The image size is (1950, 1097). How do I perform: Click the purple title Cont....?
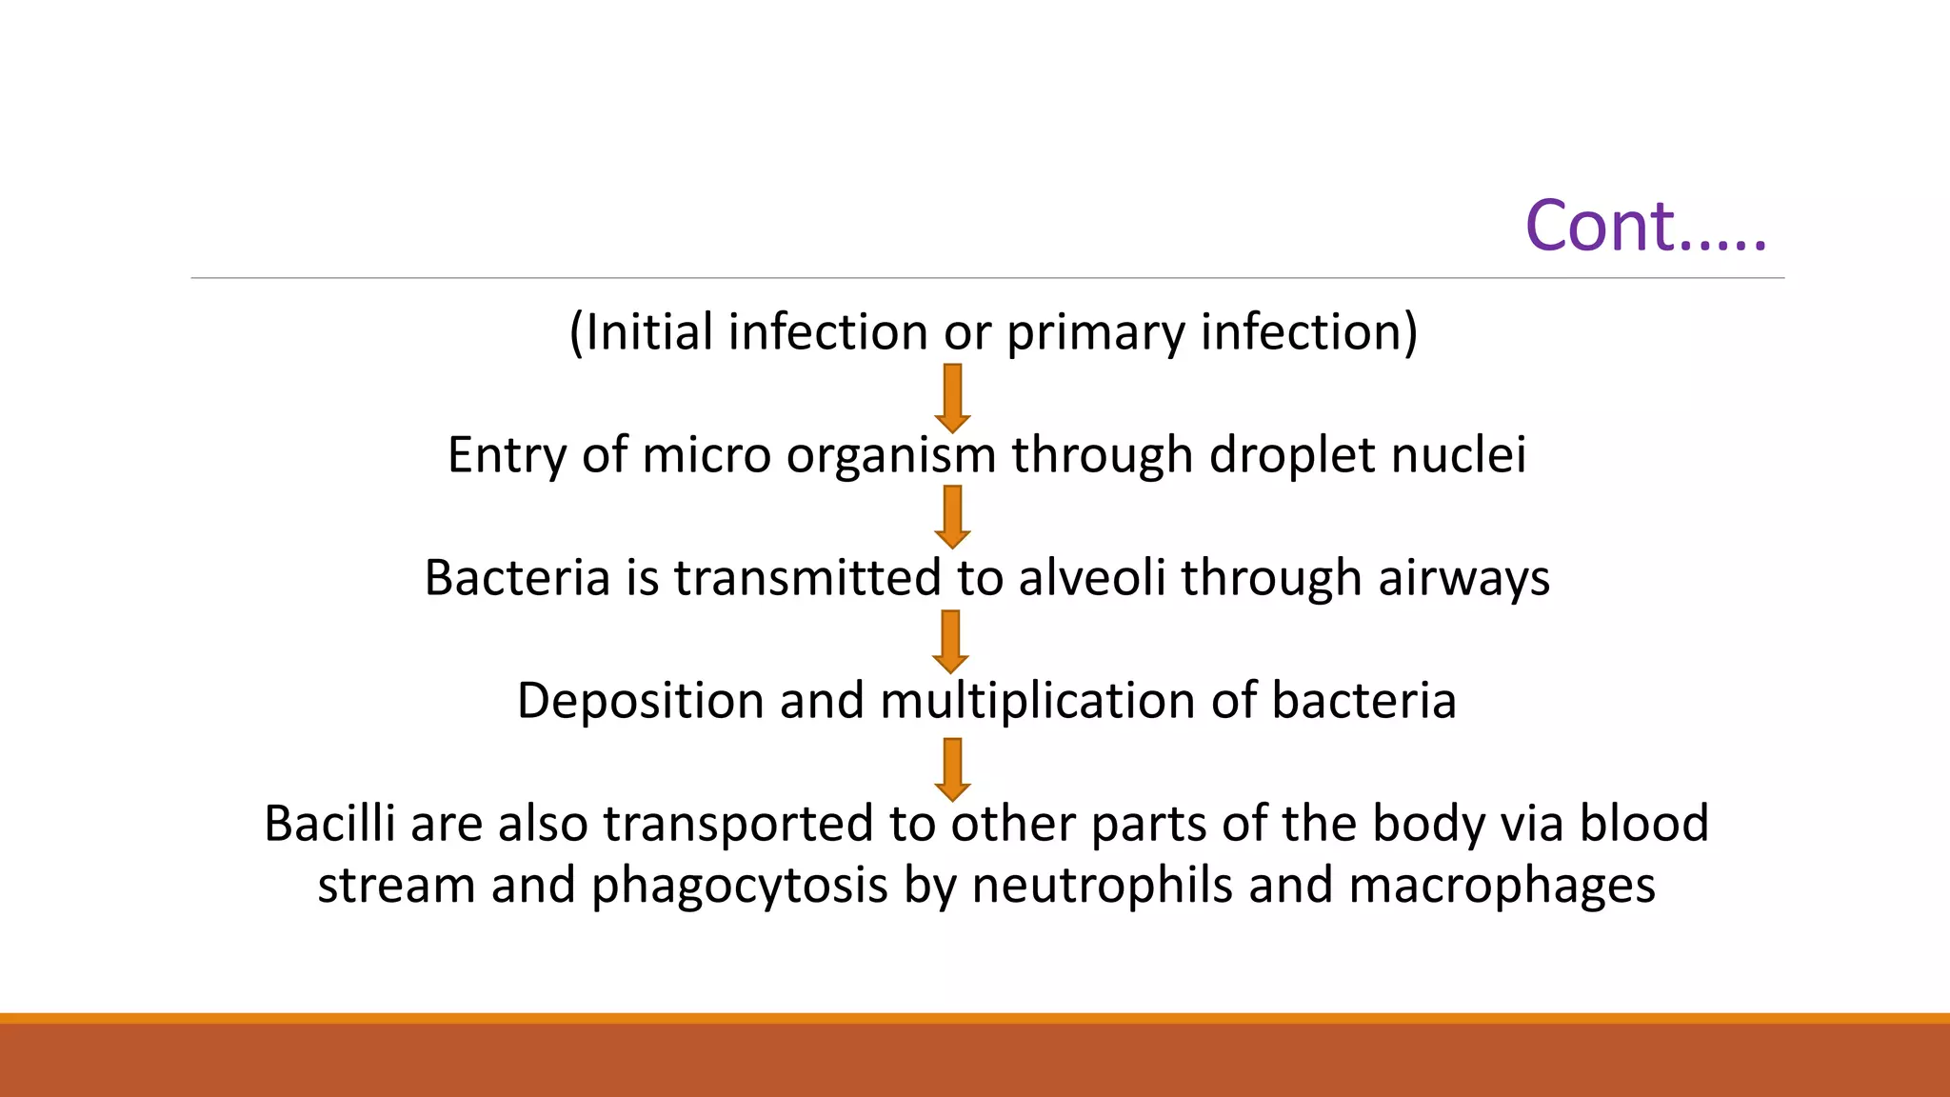(1645, 227)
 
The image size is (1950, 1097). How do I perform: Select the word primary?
(1095, 332)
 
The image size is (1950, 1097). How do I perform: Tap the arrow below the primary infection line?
(952, 398)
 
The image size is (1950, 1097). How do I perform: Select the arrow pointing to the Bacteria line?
(952, 517)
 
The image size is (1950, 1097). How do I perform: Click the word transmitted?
(807, 577)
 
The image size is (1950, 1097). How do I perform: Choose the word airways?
(1463, 579)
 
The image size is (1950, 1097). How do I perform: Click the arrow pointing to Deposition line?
(950, 642)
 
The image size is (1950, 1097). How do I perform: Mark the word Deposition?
(640, 702)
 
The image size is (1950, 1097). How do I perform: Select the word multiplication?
(1038, 702)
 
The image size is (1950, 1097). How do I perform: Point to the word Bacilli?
(329, 823)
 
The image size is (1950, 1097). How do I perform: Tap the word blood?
(1644, 823)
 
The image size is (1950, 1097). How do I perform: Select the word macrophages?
(1502, 886)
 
